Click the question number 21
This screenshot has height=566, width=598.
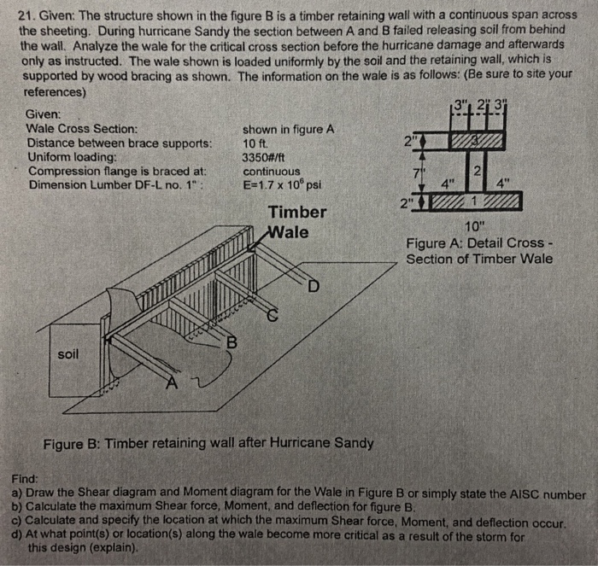26,15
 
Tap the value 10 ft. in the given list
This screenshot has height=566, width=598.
257,143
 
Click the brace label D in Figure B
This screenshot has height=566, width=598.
314,286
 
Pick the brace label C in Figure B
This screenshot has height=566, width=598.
273,314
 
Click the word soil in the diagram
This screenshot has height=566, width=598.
70,353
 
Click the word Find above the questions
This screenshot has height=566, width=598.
25,481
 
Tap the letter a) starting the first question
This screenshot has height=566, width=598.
17,494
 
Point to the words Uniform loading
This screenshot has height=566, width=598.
71,157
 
